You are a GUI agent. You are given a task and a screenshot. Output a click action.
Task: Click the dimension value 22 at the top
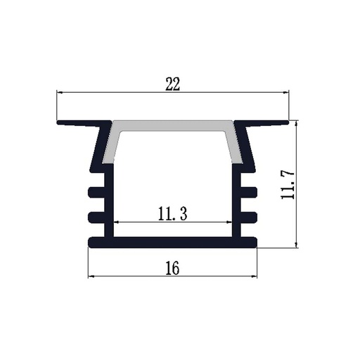pyautogui.click(x=173, y=84)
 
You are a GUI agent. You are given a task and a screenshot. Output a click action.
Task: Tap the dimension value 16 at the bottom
pyautogui.click(x=173, y=268)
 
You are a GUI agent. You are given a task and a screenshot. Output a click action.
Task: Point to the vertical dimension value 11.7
pyautogui.click(x=287, y=184)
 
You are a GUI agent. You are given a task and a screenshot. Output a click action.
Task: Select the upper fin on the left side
pyautogui.click(x=96, y=191)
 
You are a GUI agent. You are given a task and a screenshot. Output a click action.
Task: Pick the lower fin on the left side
pyautogui.click(x=96, y=215)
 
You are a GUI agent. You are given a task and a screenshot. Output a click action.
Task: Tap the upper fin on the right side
pyautogui.click(x=249, y=191)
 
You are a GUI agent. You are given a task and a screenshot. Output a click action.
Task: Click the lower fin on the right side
pyautogui.click(x=249, y=215)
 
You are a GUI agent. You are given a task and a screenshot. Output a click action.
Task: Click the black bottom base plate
pyautogui.click(x=173, y=243)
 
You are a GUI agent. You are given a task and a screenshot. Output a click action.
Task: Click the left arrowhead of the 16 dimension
pyautogui.click(x=91, y=276)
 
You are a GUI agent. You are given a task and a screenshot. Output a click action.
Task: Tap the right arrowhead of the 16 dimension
pyautogui.click(x=255, y=276)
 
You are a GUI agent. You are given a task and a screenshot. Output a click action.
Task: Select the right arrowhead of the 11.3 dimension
pyautogui.click(x=229, y=222)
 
